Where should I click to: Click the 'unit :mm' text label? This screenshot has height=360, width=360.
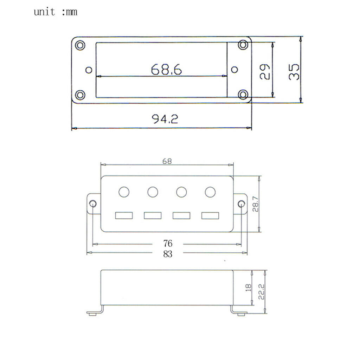[55, 12]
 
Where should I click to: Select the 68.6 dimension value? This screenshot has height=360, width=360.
[166, 69]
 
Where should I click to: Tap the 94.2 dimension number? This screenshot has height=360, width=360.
[165, 119]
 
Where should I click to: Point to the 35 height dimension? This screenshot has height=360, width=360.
[294, 72]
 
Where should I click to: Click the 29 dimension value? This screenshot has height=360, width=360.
[264, 72]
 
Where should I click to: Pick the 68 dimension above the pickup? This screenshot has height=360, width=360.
[167, 161]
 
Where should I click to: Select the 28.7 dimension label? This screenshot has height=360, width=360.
[255, 204]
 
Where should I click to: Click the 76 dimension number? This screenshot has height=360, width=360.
[168, 243]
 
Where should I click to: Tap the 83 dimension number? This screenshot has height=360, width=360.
[168, 254]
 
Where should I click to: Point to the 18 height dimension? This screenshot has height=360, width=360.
[248, 288]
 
